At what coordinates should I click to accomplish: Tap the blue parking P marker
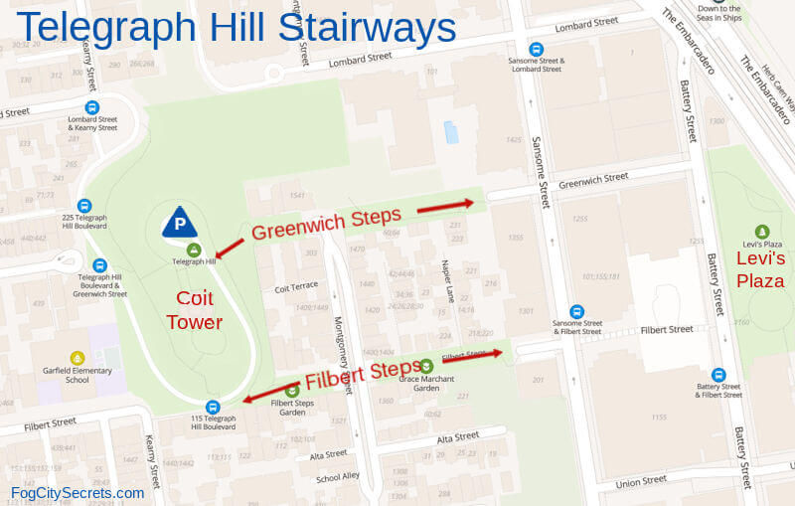pyautogui.click(x=180, y=223)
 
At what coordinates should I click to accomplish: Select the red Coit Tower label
pyautogui.click(x=194, y=309)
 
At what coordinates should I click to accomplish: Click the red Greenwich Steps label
pyautogui.click(x=326, y=223)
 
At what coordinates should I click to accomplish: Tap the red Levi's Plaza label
pyautogui.click(x=760, y=269)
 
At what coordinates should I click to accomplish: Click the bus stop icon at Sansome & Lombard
pyautogui.click(x=537, y=49)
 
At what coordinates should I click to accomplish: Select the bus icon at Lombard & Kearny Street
pyautogui.click(x=92, y=107)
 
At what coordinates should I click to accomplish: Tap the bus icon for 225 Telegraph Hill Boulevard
pyautogui.click(x=83, y=206)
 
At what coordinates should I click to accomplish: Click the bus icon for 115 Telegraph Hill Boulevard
pyautogui.click(x=212, y=407)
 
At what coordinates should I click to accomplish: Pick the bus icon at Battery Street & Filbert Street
pyautogui.click(x=718, y=375)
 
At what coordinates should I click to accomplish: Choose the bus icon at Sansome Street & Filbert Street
pyautogui.click(x=577, y=312)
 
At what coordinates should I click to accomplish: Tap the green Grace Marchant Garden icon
pyautogui.click(x=426, y=366)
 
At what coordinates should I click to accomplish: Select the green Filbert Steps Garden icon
pyautogui.click(x=292, y=391)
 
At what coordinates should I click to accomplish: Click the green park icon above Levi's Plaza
pyautogui.click(x=762, y=232)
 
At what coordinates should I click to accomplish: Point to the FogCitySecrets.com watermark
pyautogui.click(x=78, y=493)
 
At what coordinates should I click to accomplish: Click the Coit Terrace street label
pyautogui.click(x=296, y=288)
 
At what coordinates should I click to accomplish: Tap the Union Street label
pyautogui.click(x=640, y=481)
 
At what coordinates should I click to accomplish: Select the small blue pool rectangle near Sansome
pyautogui.click(x=452, y=131)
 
